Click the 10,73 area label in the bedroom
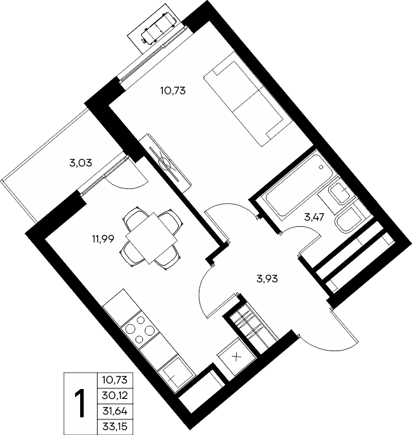tap(173, 91)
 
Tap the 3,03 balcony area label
tap(80, 163)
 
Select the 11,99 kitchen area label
tap(103, 239)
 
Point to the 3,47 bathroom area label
tap(314, 217)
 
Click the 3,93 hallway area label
tap(267, 279)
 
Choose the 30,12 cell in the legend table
tap(115, 395)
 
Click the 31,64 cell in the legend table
tap(115, 411)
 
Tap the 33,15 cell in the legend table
tap(115, 427)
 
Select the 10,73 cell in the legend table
tap(115, 380)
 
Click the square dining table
tap(151, 238)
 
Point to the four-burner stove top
tap(140, 329)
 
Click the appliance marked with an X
tap(236, 357)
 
